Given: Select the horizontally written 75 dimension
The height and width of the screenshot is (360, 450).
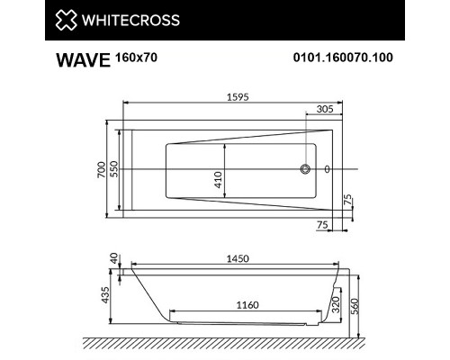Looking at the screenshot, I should click(320, 226).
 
